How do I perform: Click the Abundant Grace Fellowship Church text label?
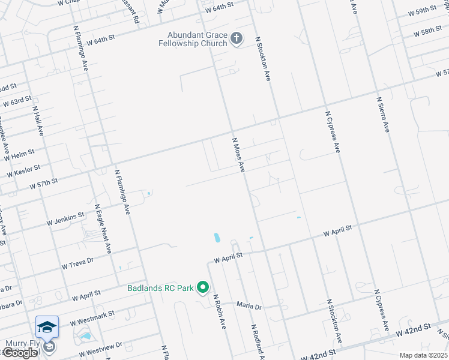point(193,39)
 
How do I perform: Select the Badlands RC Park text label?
point(160,288)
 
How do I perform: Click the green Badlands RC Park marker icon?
point(203,288)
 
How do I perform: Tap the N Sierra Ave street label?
point(384,115)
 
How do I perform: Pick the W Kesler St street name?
point(23,172)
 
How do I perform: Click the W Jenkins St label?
point(66,220)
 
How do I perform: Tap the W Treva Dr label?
point(77,261)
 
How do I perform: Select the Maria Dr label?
point(249,307)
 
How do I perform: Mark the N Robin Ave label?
point(218,312)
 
